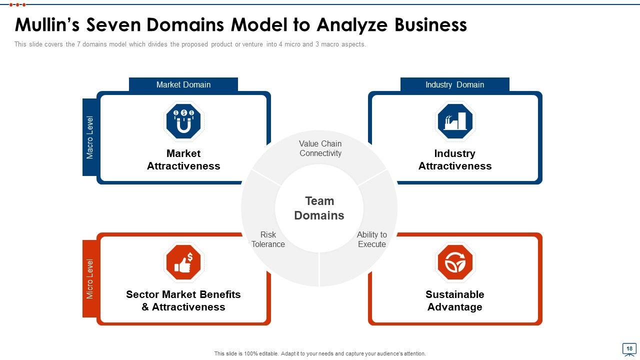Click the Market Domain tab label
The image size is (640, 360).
pos(183,84)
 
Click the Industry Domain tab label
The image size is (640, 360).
pos(454,84)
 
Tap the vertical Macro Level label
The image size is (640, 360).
pos(90,137)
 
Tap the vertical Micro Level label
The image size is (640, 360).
pos(90,279)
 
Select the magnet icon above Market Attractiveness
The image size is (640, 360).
pos(183,121)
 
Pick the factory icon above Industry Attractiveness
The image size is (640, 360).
pos(455,121)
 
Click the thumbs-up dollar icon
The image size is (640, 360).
pos(183,262)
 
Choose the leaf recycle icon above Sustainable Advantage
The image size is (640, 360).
pos(455,262)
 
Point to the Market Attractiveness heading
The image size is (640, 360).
pos(183,159)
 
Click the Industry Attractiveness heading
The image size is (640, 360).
pos(455,159)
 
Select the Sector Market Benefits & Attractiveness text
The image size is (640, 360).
pos(183,300)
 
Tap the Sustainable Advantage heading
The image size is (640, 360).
pos(455,300)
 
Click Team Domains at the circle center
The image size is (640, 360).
pos(319,208)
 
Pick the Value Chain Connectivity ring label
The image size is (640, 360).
pos(320,148)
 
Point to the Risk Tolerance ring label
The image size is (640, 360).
pos(268,239)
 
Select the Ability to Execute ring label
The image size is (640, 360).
pos(372,239)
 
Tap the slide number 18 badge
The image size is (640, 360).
pos(629,348)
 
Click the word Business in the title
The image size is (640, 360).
pos(430,24)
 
